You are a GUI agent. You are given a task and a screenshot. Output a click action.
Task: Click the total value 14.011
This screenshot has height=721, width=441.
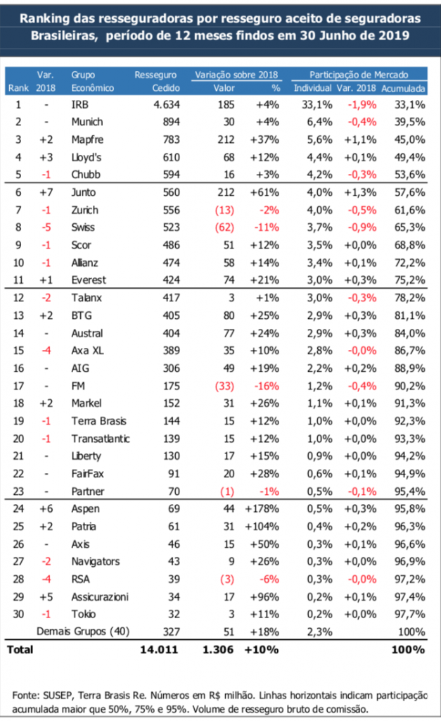tap(161, 650)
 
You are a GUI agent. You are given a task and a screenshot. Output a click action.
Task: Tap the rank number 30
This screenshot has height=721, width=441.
tap(18, 615)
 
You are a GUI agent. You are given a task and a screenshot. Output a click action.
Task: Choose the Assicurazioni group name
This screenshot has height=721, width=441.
tap(100, 597)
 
